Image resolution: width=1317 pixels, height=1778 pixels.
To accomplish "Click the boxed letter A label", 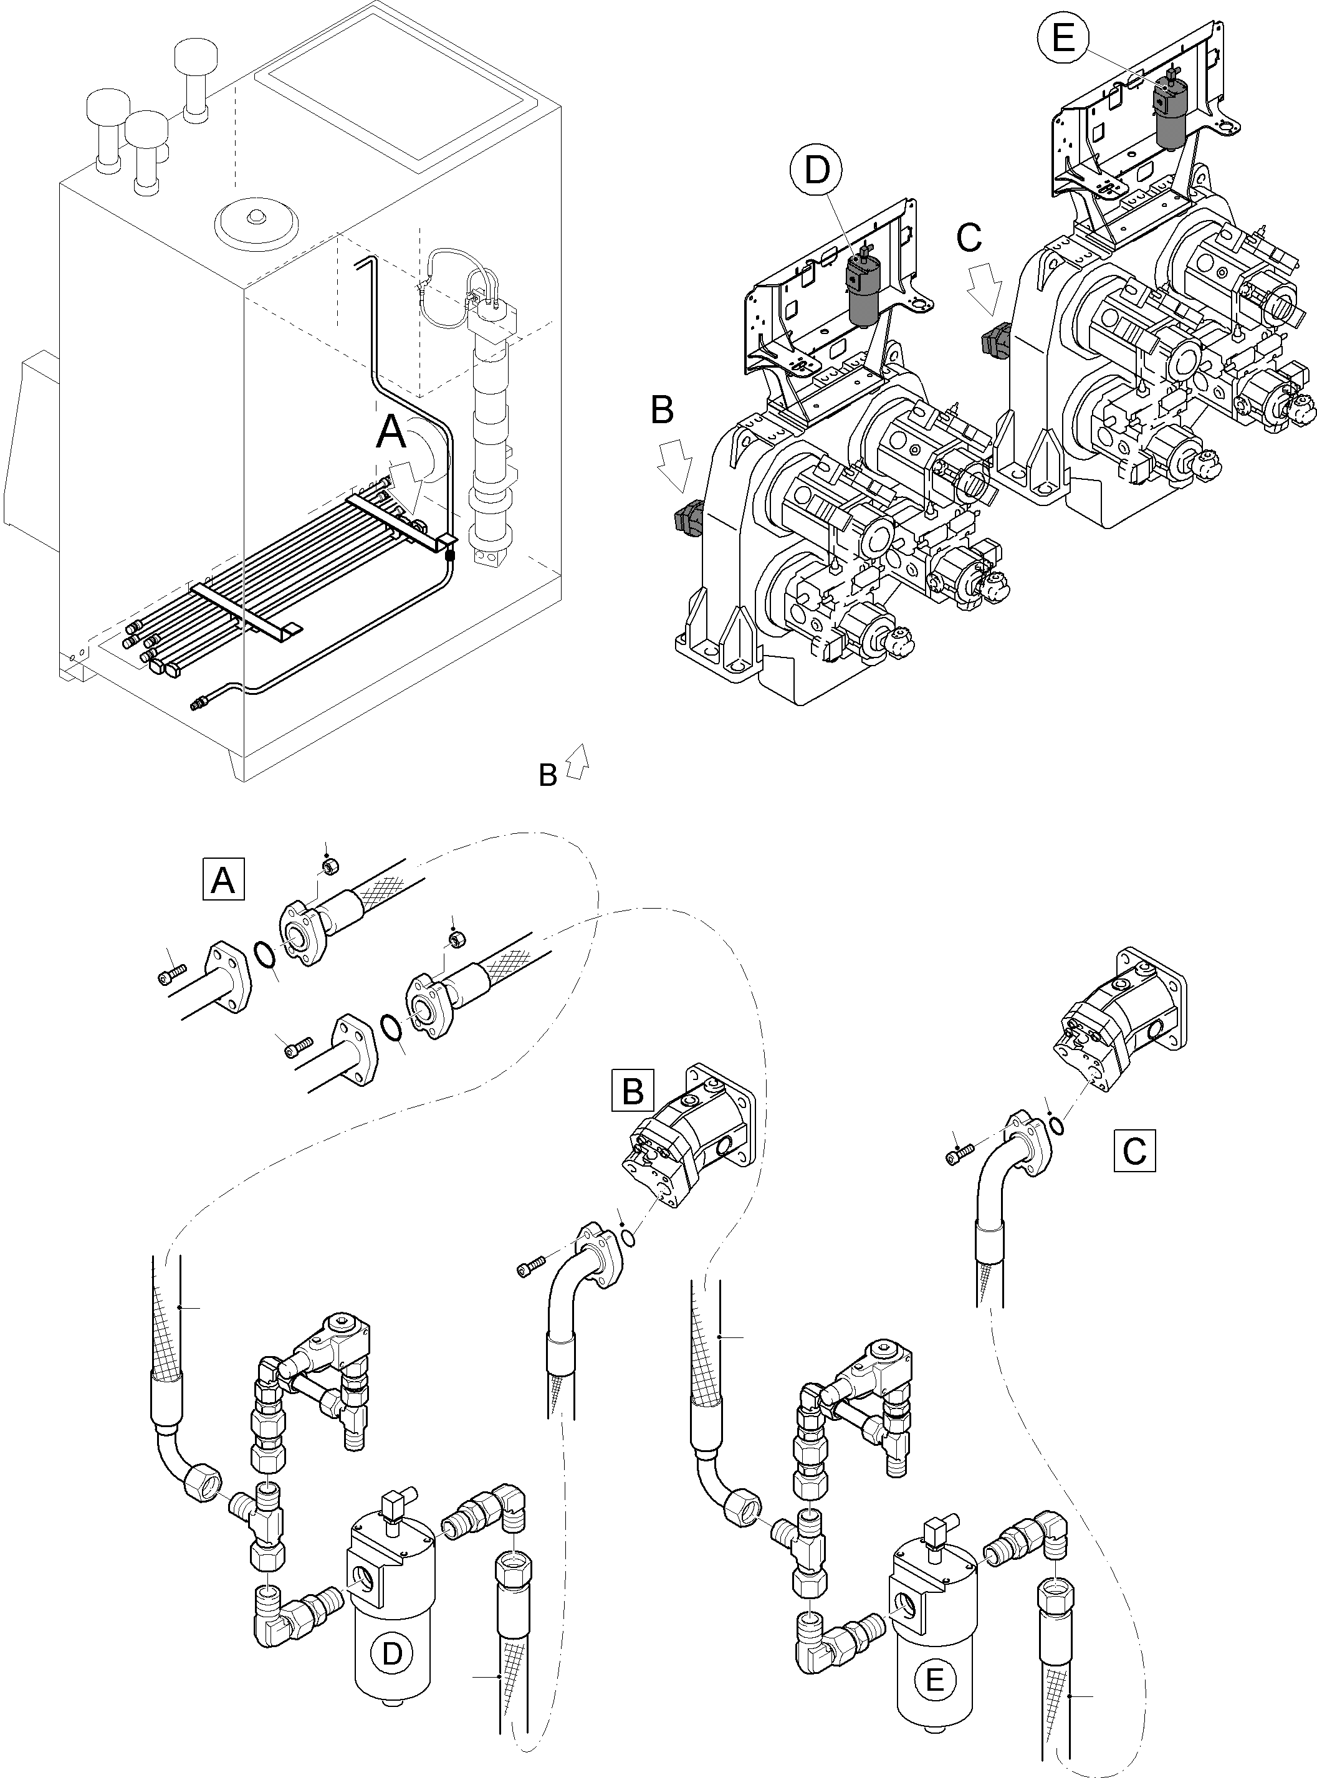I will pyautogui.click(x=223, y=880).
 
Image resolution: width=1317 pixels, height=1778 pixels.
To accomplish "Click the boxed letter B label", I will pyautogui.click(x=632, y=1090).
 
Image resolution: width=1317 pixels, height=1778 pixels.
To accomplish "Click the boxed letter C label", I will pyautogui.click(x=1134, y=1149).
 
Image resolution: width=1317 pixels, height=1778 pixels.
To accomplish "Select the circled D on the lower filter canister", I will pyautogui.click(x=391, y=1654).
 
